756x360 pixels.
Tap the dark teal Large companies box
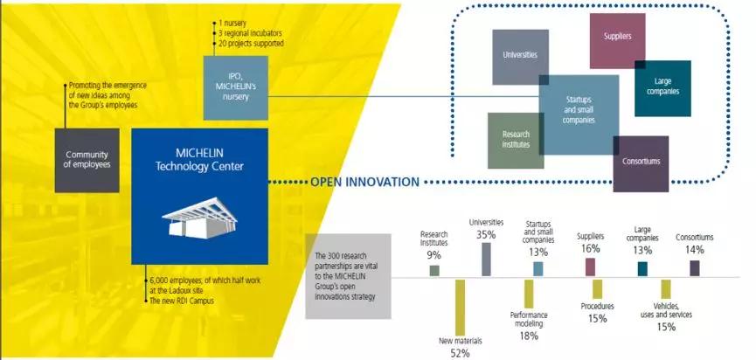coord(662,88)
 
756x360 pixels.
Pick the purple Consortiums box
coord(641,164)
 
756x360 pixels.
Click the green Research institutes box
coord(516,140)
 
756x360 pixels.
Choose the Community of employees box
coord(87,161)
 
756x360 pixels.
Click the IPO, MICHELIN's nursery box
coord(236,87)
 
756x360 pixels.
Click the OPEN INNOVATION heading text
coord(365,182)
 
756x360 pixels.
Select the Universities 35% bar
coord(486,260)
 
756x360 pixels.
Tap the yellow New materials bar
coord(460,308)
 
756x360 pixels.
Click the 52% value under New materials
coord(460,353)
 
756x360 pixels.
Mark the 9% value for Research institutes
coord(433,255)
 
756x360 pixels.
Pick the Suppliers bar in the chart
coord(590,267)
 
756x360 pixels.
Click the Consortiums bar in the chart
coord(694,268)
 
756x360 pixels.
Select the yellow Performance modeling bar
coord(529,294)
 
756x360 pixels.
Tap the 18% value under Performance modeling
coord(529,336)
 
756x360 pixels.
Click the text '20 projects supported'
coord(251,44)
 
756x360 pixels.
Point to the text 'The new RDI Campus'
coord(181,301)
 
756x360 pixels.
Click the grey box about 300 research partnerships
coord(348,276)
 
